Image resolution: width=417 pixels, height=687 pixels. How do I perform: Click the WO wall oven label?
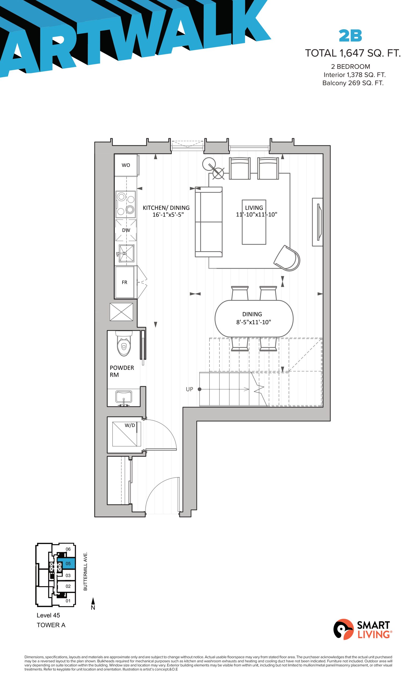(126, 165)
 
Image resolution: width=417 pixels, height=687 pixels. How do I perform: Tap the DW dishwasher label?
(126, 230)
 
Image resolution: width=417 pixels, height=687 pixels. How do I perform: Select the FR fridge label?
(124, 282)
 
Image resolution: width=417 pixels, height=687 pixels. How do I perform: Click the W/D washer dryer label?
(130, 425)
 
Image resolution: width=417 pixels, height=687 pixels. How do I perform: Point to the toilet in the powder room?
(124, 343)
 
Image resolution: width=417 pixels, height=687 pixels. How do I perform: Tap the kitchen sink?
(126, 253)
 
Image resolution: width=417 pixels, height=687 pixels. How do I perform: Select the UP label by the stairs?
(189, 389)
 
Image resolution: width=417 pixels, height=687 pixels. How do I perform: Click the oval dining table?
(254, 318)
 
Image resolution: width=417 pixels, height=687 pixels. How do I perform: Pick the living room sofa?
(208, 222)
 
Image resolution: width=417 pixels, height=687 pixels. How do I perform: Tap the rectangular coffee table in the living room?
(254, 222)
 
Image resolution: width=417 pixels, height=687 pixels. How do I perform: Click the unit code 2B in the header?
(350, 36)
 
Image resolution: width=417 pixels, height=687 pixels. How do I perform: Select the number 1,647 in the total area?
(352, 53)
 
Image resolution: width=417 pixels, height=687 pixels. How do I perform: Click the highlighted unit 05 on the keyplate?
(66, 564)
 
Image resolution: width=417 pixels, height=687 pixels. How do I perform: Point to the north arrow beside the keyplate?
(93, 604)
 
